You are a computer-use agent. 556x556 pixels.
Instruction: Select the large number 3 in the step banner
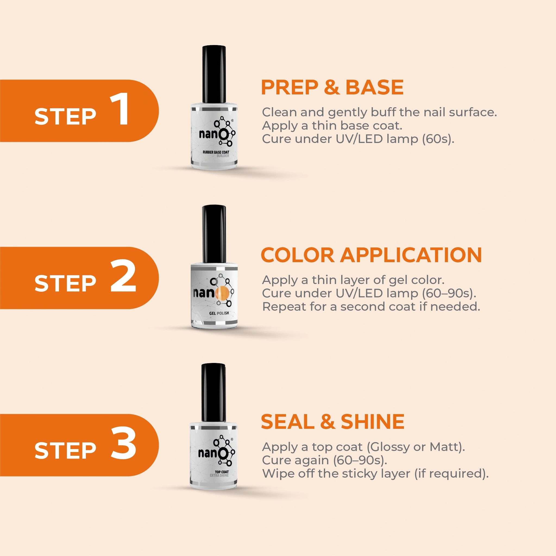124,443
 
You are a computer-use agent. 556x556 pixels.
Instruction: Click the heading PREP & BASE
332,87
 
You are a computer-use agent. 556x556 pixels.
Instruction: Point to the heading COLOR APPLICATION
371,255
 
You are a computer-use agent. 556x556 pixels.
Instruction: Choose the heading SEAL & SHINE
332,422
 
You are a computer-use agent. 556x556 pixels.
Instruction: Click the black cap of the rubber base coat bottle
214,74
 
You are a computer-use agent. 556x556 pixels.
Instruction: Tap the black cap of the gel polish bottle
214,234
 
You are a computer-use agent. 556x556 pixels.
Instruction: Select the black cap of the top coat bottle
213,393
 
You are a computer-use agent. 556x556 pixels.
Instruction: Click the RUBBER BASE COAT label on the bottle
216,152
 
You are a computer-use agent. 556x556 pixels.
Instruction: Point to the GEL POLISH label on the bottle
219,313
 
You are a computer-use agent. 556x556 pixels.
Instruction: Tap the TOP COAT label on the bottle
221,472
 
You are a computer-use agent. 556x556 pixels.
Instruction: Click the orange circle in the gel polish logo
222,293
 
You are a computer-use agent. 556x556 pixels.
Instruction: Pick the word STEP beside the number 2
65,283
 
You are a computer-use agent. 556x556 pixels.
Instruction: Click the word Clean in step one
279,112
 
